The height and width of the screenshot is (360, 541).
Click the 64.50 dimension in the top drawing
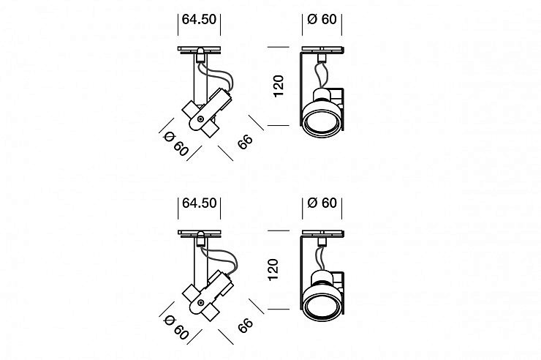pyautogui.click(x=199, y=19)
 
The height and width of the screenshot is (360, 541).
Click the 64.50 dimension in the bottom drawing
pyautogui.click(x=199, y=203)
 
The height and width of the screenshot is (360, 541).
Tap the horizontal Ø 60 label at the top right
pyautogui.click(x=322, y=19)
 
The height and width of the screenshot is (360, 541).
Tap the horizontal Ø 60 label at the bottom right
pyautogui.click(x=322, y=203)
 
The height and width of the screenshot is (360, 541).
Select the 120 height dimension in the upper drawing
pyautogui.click(x=278, y=86)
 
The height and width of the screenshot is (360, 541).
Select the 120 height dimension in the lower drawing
pyautogui.click(x=273, y=269)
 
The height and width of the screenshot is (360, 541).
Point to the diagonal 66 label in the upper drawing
pyautogui.click(x=245, y=142)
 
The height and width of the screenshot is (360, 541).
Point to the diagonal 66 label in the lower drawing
pyautogui.click(x=245, y=326)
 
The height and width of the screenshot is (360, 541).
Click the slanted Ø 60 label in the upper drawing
pyautogui.click(x=176, y=143)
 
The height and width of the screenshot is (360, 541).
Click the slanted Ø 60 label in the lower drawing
pyautogui.click(x=176, y=327)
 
